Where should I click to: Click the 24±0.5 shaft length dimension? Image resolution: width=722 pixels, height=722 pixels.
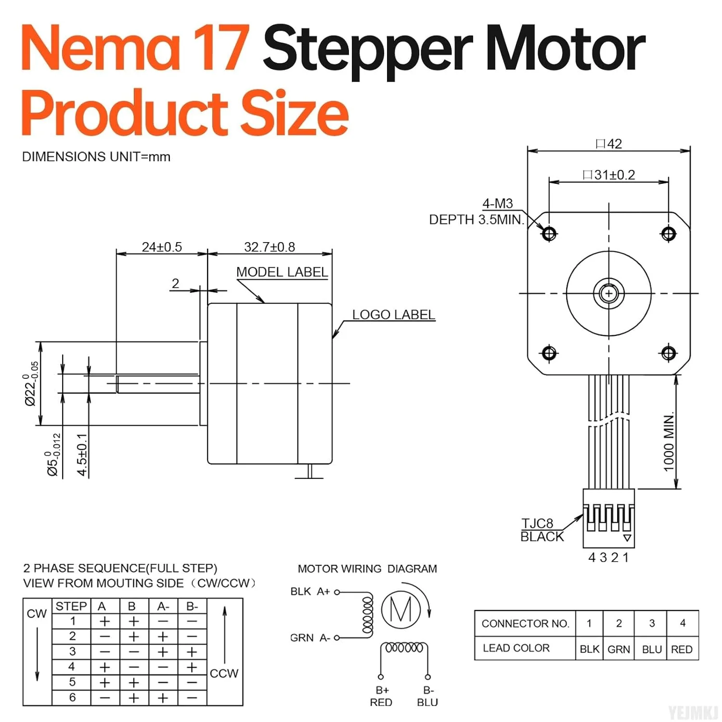point(162,247)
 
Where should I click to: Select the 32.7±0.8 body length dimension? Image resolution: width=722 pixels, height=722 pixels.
point(270,247)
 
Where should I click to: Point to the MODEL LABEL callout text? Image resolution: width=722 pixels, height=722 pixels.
point(282,272)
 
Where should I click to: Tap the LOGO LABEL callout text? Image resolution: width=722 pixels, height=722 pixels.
point(394,314)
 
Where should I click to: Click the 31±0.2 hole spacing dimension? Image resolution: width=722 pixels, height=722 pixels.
point(609,175)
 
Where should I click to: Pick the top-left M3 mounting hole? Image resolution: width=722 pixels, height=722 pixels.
point(549,234)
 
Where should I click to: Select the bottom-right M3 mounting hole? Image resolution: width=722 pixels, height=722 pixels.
point(669,353)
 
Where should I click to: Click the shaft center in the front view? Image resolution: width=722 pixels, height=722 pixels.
point(609,293)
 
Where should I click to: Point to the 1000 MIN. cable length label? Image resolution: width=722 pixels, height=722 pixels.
point(669,442)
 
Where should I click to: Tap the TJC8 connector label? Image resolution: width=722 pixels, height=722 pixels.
point(537,523)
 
